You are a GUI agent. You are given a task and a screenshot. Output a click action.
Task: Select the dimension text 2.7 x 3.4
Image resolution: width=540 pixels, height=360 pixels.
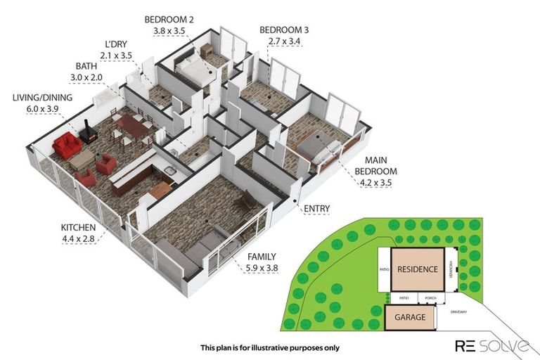283,41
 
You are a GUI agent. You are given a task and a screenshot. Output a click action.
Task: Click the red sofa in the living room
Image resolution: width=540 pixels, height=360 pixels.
67,146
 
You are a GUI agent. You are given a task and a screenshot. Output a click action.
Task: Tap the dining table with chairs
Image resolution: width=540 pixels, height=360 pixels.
132,127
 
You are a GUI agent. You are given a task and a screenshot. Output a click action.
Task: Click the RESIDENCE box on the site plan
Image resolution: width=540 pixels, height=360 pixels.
418,269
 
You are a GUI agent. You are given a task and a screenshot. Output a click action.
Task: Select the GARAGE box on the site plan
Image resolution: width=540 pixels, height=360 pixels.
409,317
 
